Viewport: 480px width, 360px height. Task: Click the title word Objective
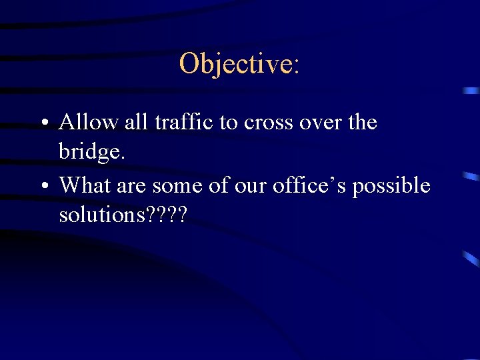point(235,64)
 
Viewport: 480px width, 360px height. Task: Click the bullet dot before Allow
point(42,124)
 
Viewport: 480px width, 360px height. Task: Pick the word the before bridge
point(363,123)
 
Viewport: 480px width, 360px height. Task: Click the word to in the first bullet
point(228,123)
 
